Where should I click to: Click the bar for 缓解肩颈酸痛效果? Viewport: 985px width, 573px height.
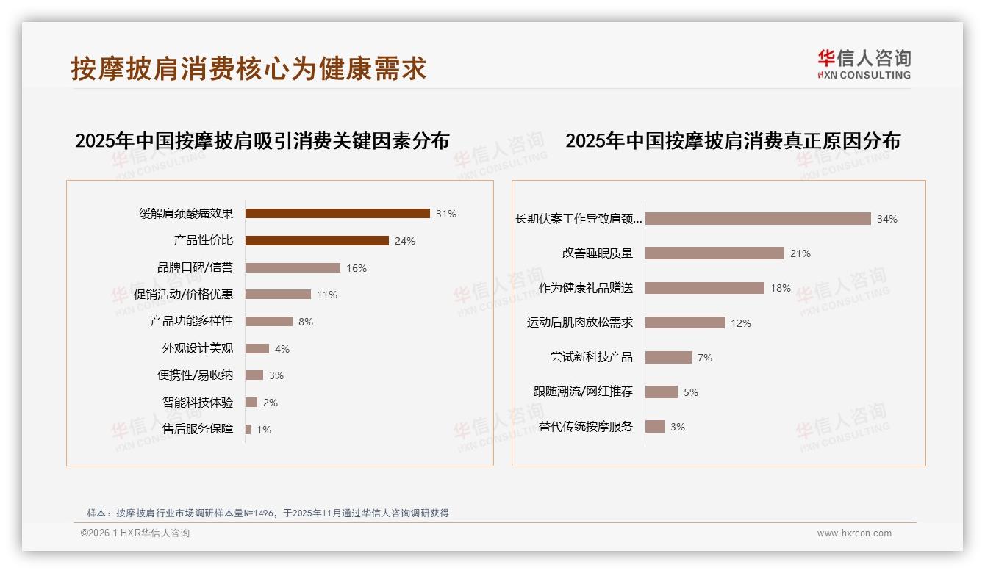(x=337, y=214)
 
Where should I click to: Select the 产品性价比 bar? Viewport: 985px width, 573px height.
(x=317, y=240)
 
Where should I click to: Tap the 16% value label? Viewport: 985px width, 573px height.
(x=357, y=268)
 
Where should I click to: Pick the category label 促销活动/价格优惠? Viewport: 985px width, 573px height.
(x=183, y=295)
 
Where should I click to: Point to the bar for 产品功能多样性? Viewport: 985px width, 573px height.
(x=269, y=321)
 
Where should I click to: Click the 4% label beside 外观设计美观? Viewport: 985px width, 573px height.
(x=282, y=349)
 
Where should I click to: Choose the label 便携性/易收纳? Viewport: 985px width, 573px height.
(x=195, y=375)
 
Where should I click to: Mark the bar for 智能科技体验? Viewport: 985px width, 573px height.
(x=251, y=403)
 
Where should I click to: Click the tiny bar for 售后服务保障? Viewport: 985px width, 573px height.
(x=248, y=429)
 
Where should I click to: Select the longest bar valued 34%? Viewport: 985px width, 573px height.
(x=758, y=219)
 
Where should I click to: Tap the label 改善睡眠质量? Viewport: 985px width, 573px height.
(x=598, y=253)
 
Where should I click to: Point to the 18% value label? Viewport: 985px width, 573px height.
(x=781, y=289)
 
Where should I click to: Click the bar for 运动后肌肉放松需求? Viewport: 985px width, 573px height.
(x=685, y=322)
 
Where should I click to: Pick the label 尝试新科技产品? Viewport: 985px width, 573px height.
(x=592, y=358)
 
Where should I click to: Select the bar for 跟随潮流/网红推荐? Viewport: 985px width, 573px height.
(x=662, y=392)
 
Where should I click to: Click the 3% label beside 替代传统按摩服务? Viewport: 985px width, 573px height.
(x=677, y=427)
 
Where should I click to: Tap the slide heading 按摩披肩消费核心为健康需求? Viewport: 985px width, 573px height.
(x=248, y=68)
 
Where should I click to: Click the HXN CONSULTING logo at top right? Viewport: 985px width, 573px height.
(x=864, y=64)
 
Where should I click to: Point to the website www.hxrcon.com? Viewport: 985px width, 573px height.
(x=854, y=533)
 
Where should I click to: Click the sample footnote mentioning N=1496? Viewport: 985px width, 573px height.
(x=268, y=513)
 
